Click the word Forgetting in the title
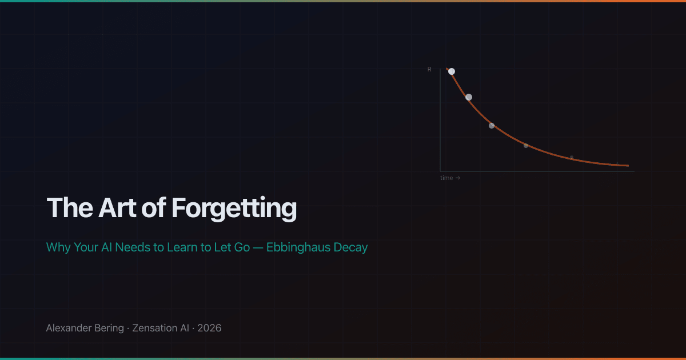(x=234, y=209)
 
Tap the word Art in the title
(x=117, y=208)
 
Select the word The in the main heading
(x=70, y=208)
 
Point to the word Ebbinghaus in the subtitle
(x=298, y=247)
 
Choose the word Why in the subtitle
(x=58, y=247)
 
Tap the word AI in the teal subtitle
(x=106, y=247)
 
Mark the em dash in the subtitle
(x=258, y=247)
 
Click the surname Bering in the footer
(x=109, y=329)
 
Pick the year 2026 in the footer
(x=209, y=328)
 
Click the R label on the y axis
(x=429, y=70)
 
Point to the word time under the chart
(x=446, y=178)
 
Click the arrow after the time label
(x=458, y=178)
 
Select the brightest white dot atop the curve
(x=452, y=71)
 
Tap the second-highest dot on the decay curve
(x=469, y=97)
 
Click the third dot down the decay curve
(x=492, y=126)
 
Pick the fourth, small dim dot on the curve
(x=526, y=146)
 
